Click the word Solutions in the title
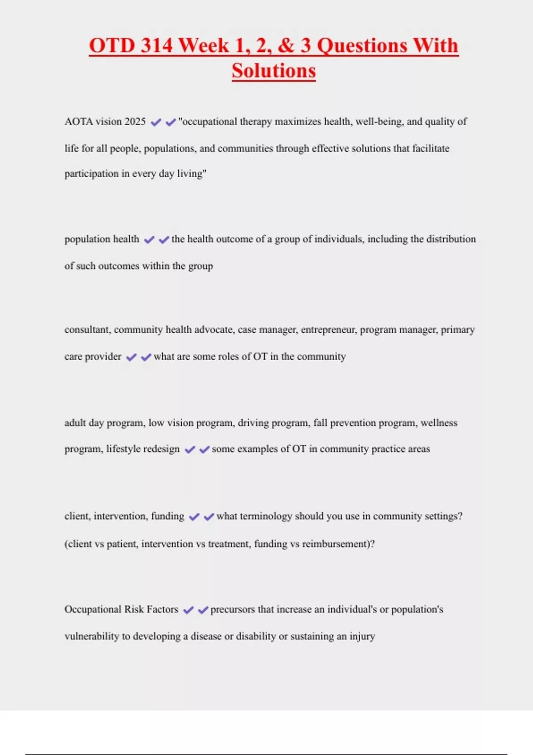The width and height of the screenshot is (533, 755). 274,71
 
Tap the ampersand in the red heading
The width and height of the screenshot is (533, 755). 285,46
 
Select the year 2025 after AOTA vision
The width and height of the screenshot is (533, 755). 135,122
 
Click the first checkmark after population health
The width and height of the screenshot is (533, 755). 149,240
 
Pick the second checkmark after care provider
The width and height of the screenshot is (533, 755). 146,357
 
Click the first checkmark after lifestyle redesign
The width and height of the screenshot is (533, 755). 190,450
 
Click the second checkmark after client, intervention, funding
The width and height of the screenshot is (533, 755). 209,517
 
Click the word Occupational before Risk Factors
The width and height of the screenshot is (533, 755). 92,609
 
